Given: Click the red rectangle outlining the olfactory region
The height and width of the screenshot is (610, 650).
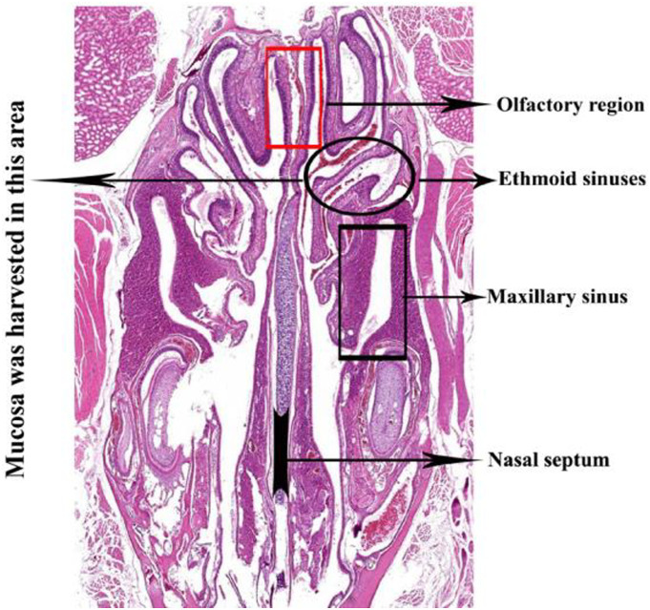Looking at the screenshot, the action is (x=268, y=95).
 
